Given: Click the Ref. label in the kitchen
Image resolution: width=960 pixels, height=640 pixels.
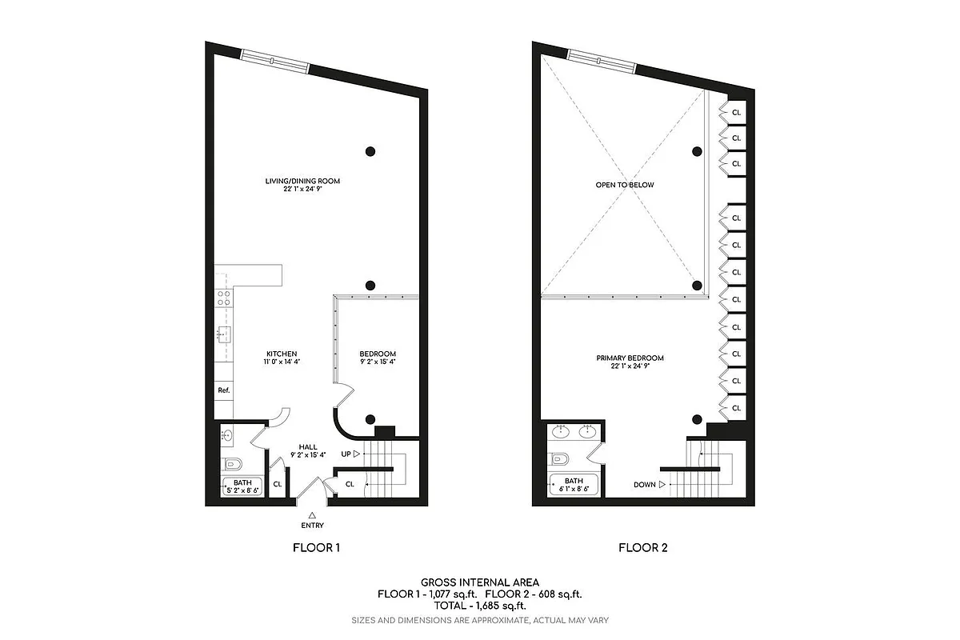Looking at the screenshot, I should (223, 390).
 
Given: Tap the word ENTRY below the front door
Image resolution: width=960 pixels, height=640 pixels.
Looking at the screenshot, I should (313, 526).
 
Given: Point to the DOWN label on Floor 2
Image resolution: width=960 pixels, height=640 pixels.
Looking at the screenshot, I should (645, 484).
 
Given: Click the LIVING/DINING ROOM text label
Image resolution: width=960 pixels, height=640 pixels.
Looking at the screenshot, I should (302, 181).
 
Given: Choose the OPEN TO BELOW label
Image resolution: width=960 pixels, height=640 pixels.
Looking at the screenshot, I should (624, 185).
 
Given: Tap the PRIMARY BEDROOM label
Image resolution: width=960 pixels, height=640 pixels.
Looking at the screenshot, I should (630, 358).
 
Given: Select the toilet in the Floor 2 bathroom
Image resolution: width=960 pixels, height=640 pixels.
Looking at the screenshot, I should (561, 458).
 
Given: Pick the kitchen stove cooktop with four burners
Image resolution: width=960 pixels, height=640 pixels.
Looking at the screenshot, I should (225, 298).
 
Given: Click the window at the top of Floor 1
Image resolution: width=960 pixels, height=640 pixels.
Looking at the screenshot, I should (274, 61).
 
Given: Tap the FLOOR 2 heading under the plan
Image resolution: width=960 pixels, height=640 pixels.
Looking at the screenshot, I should (642, 548).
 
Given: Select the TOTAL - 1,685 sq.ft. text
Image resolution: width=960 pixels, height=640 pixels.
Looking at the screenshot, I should (480, 606).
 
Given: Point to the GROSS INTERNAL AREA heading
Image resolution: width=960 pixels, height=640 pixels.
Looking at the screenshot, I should (480, 582).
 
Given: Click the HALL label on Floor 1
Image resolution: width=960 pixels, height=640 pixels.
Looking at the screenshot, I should (309, 447).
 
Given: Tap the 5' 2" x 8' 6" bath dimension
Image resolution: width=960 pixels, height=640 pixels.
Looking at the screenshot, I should (242, 489).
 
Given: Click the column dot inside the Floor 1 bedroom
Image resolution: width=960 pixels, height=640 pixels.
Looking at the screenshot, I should (370, 419).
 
